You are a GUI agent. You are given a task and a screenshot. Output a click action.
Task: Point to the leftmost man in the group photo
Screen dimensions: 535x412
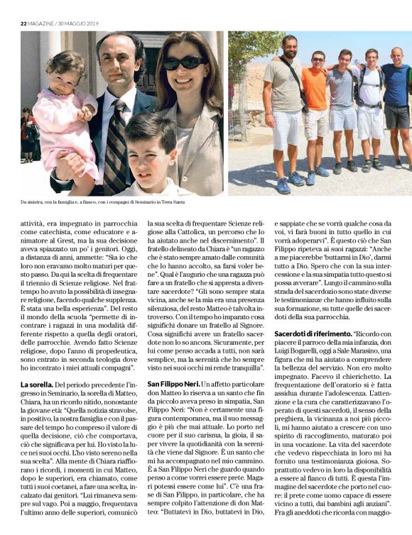pos(286,106)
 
